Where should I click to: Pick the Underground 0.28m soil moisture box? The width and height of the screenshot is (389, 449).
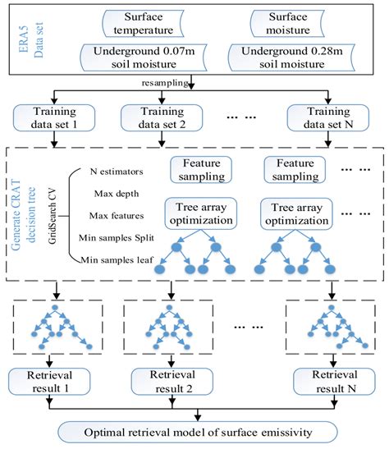pos(291,60)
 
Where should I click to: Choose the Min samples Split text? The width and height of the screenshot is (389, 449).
pos(123,238)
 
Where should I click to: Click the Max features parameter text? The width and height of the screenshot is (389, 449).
pos(118,215)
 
